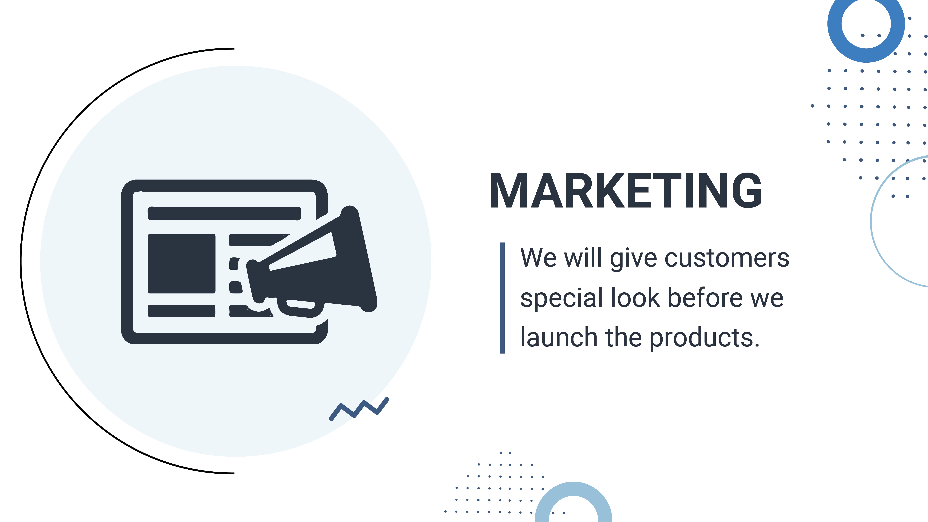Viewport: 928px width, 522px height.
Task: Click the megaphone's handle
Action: pyautogui.click(x=301, y=306)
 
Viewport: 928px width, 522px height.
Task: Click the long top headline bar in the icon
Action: pyautogui.click(x=224, y=213)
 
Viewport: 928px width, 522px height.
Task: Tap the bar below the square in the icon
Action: pyautogui.click(x=182, y=311)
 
